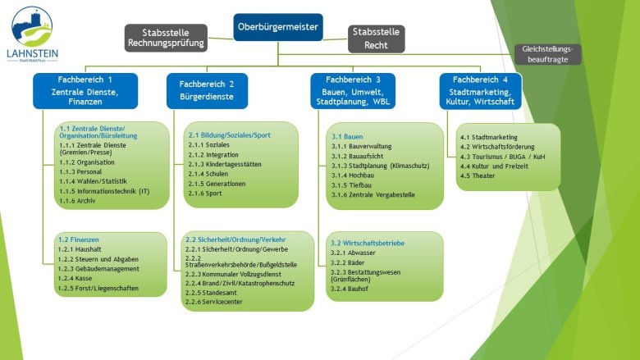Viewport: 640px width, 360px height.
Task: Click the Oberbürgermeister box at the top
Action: (x=278, y=26)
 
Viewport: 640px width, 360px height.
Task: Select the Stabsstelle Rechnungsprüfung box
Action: (x=165, y=38)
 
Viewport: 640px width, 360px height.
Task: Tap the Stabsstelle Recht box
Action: (x=376, y=39)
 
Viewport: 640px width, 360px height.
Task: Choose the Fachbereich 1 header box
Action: (x=85, y=90)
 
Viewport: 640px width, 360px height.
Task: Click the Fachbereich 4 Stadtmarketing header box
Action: (x=481, y=90)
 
